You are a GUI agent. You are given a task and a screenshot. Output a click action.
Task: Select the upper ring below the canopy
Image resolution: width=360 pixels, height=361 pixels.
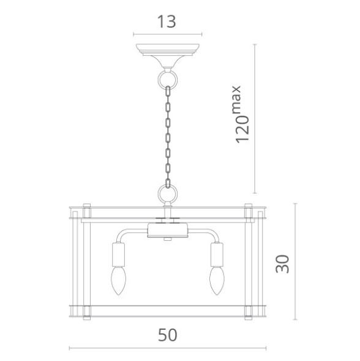point(167,78)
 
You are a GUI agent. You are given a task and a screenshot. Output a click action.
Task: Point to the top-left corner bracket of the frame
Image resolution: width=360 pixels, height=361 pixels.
point(86,211)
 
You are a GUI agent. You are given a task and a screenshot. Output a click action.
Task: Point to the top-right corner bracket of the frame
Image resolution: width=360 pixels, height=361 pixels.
point(249,211)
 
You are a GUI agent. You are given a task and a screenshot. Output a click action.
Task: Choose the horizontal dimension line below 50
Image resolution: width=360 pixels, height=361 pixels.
point(167,349)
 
